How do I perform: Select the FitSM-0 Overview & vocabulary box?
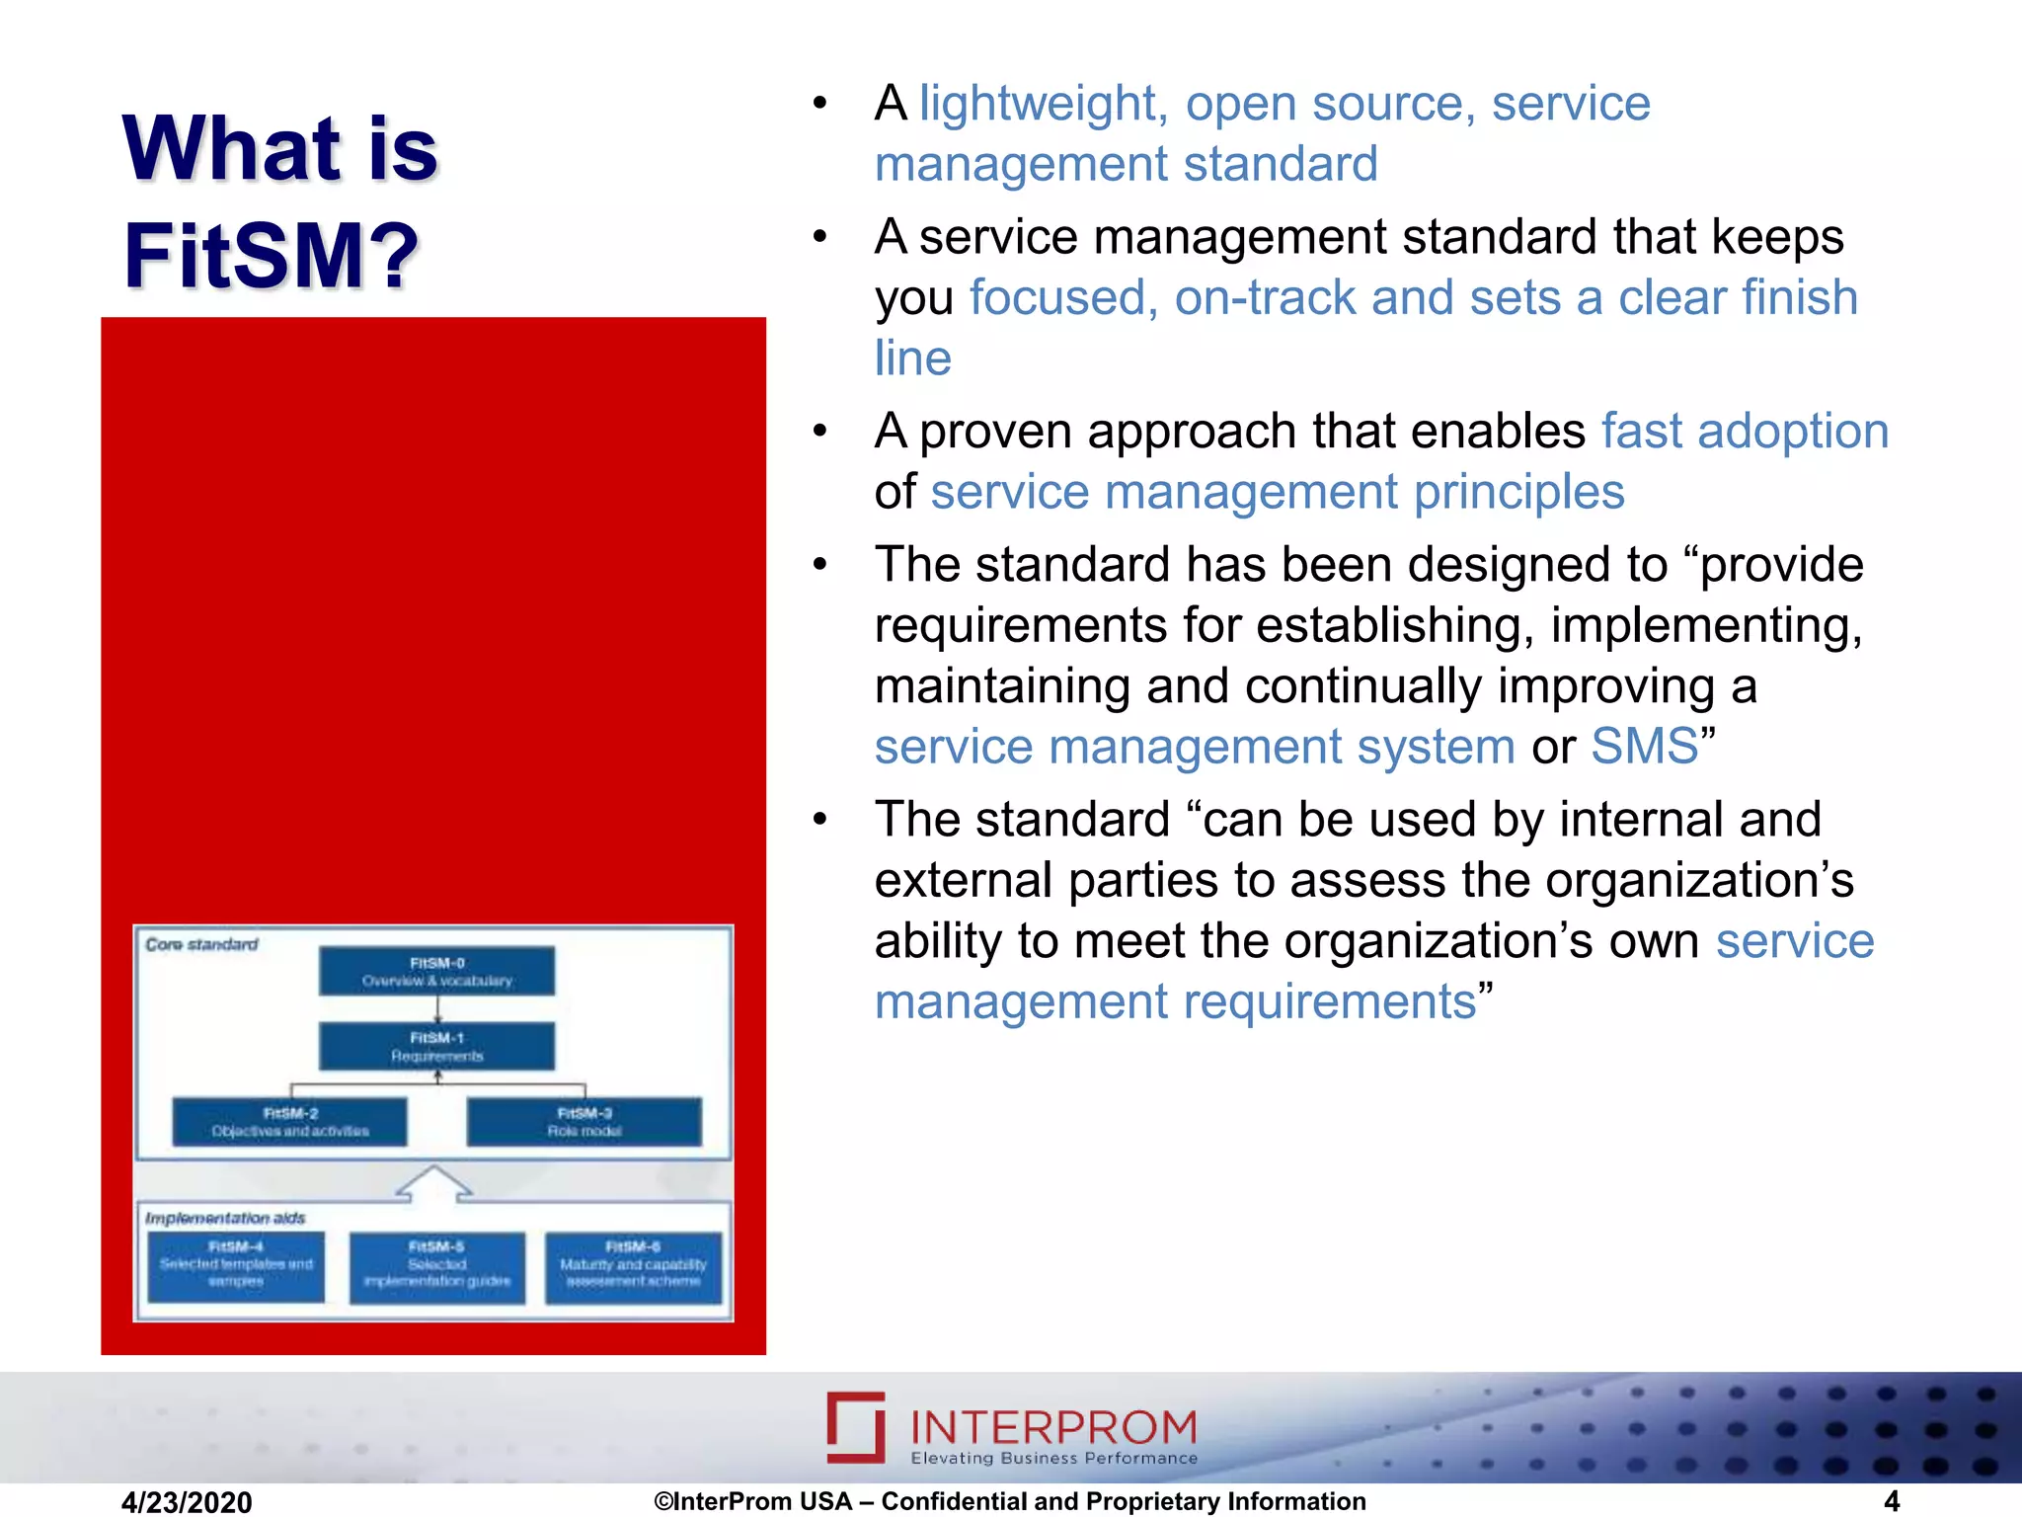(436, 972)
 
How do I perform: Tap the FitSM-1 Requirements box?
(436, 1047)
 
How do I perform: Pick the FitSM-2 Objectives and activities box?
(289, 1122)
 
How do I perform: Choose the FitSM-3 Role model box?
(584, 1122)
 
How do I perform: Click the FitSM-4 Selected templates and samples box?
(236, 1265)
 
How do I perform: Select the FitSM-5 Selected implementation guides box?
(436, 1265)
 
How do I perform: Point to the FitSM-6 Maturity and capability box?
(633, 1265)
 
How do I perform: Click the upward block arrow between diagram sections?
(433, 1183)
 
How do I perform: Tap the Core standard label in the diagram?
(201, 945)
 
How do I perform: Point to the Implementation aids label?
(225, 1219)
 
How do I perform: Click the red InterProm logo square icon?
(856, 1427)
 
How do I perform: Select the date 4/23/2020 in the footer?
(187, 1502)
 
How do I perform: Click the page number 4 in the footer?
(1892, 1501)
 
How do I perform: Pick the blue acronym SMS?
(1645, 747)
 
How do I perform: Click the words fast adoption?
(1744, 432)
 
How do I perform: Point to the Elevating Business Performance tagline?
(1053, 1459)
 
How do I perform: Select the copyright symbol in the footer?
(663, 1502)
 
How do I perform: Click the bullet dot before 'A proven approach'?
(819, 432)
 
